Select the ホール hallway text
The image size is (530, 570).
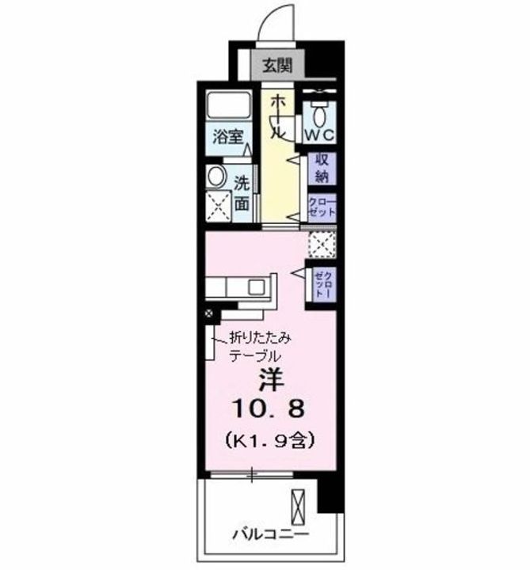(x=276, y=117)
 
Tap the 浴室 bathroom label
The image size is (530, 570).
(x=227, y=136)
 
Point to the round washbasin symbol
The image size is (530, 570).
(x=215, y=177)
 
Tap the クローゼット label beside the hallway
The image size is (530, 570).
(x=322, y=207)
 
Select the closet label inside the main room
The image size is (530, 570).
(x=323, y=283)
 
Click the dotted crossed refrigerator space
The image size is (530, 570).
(x=322, y=245)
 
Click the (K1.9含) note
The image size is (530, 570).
(x=267, y=438)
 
